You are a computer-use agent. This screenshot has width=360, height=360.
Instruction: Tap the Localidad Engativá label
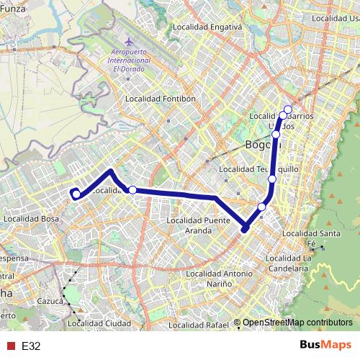click(207, 27)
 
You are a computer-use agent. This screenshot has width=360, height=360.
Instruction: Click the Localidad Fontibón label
click(160, 99)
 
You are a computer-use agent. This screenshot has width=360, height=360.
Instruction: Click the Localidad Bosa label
click(31, 218)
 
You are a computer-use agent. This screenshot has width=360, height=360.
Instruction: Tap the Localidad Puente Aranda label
click(198, 225)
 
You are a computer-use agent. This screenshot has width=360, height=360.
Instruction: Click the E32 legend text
click(31, 346)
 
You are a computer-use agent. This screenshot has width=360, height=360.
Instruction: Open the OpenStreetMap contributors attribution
click(297, 323)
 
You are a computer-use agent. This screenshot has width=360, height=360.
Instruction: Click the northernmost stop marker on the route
click(287, 110)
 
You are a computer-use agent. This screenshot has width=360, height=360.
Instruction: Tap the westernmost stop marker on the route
click(76, 194)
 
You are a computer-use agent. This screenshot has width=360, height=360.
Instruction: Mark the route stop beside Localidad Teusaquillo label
click(272, 179)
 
